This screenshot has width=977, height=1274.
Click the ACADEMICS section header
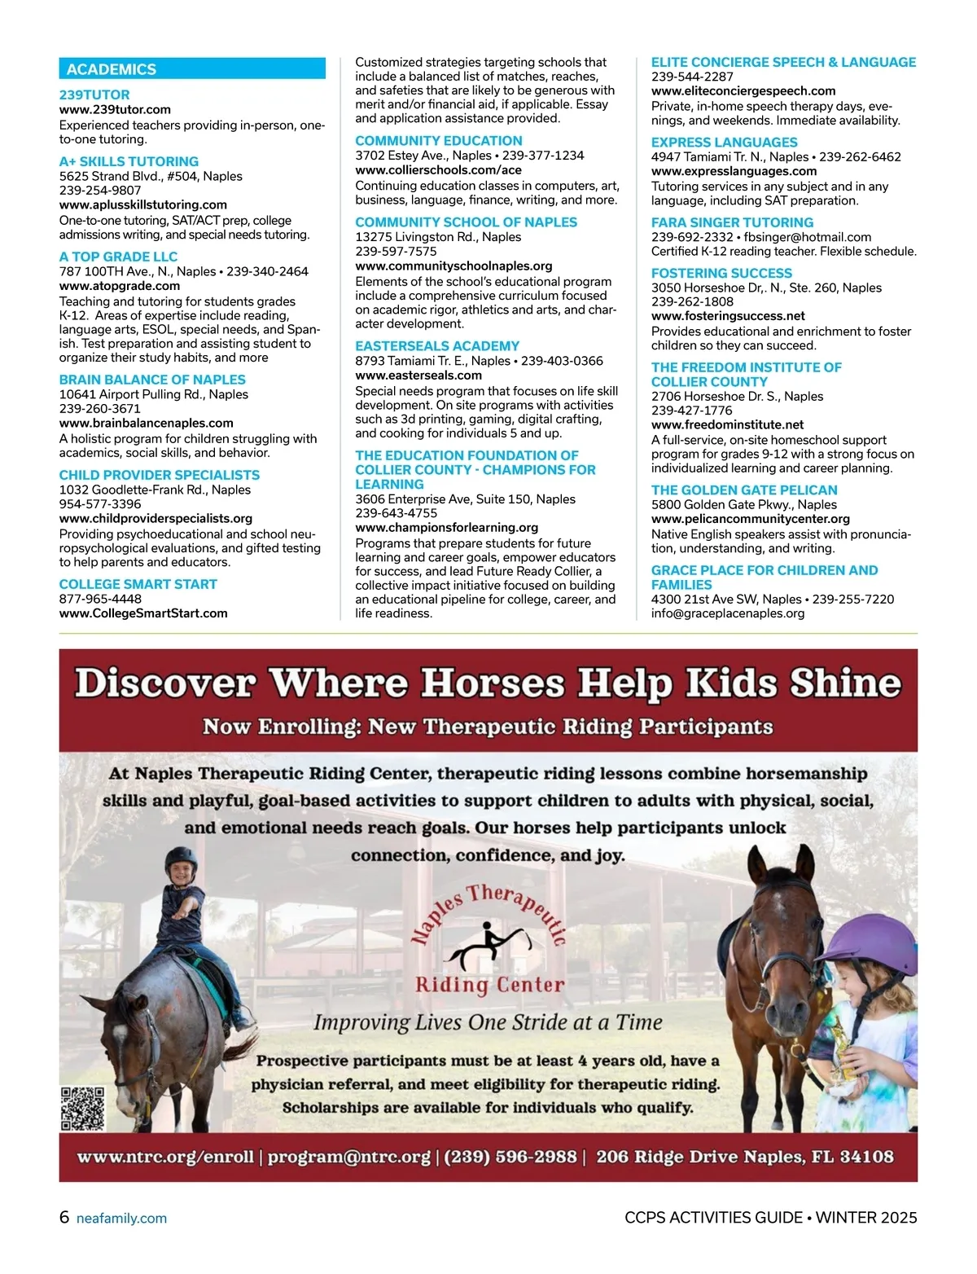tap(112, 69)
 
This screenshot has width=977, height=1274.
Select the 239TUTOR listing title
tap(94, 94)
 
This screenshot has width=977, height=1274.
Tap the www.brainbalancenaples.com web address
tap(147, 423)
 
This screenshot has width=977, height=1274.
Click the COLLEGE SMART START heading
tap(138, 584)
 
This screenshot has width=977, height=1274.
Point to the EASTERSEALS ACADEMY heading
tap(437, 346)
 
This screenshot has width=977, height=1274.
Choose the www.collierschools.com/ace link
tap(438, 170)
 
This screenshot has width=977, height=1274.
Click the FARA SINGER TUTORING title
tap(732, 222)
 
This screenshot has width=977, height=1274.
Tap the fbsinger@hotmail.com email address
tap(808, 237)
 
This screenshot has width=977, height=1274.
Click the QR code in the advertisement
tap(82, 1109)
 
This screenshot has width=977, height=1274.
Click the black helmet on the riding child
tap(181, 859)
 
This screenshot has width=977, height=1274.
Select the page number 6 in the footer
tap(64, 1217)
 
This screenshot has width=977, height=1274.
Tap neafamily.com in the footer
tap(121, 1219)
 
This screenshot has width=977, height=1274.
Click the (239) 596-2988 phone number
tap(510, 1157)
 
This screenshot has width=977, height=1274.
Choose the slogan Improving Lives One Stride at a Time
tap(488, 1022)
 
